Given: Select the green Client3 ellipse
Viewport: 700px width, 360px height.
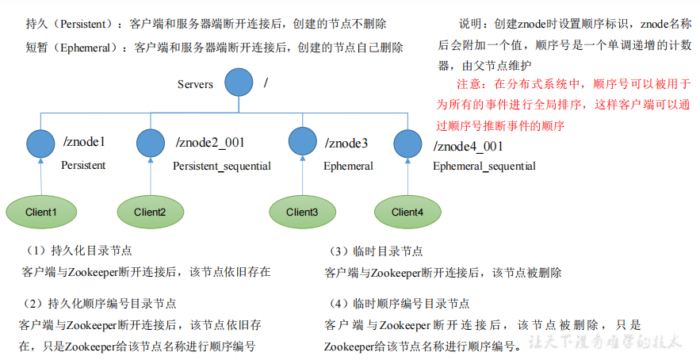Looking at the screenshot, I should (302, 212).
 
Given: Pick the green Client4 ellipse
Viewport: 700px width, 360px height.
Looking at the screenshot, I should (407, 212).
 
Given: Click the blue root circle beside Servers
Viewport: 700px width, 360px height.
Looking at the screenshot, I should (239, 82).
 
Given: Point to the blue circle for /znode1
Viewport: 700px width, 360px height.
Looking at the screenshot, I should (41, 144).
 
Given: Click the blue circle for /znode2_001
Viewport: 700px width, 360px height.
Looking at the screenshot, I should (151, 144).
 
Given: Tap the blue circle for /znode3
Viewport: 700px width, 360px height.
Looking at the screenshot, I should (303, 142).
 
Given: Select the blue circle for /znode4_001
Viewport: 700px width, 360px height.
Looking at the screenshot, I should (408, 144).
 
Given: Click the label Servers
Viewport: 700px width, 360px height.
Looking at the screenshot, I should (196, 84).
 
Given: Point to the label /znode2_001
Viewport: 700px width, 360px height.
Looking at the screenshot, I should (210, 143).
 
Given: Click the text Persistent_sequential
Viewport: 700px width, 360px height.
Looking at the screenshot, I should (222, 167).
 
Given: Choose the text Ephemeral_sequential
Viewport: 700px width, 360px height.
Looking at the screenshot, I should (484, 167).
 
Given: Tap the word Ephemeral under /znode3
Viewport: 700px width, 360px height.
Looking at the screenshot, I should (348, 167).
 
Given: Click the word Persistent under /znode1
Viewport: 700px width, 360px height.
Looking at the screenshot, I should (83, 166).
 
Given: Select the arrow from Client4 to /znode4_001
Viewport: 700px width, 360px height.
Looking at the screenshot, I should (408, 176).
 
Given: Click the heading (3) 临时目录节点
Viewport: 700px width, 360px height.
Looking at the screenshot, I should (377, 251).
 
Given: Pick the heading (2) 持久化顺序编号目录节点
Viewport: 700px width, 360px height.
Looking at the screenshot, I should (100, 304).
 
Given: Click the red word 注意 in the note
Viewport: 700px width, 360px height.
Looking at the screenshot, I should (469, 83).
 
